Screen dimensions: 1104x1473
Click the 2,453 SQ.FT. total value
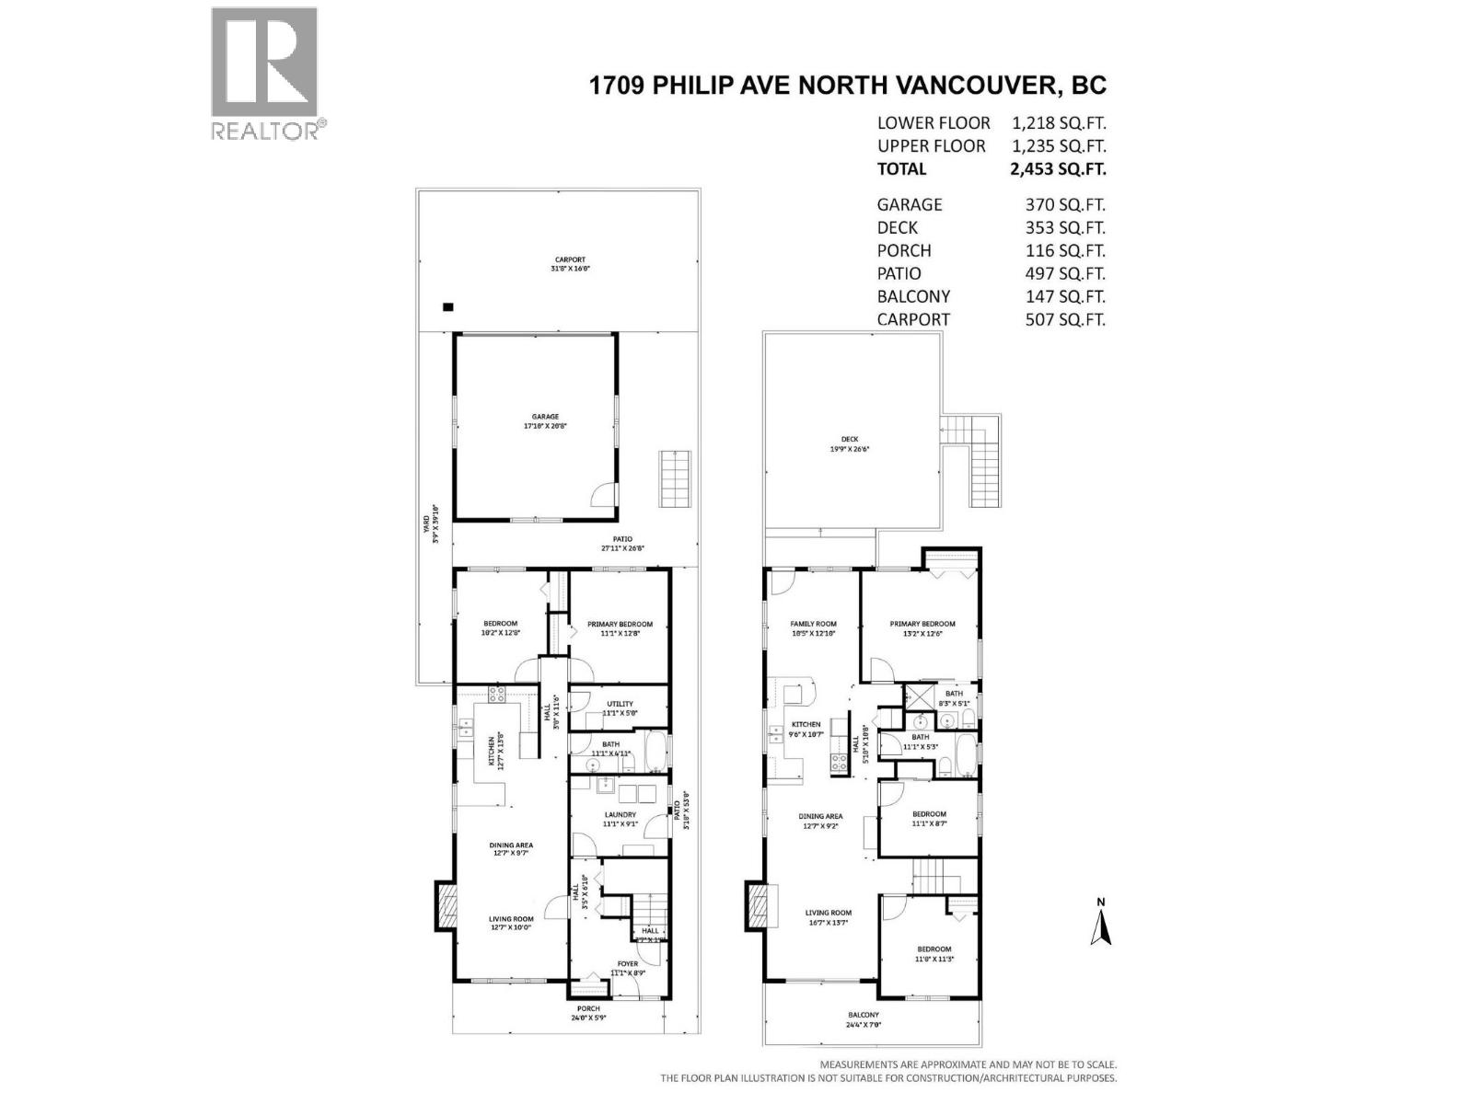1058,169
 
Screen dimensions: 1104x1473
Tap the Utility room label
621,708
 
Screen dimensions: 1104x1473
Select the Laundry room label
621,819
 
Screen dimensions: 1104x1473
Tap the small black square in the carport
447,307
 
